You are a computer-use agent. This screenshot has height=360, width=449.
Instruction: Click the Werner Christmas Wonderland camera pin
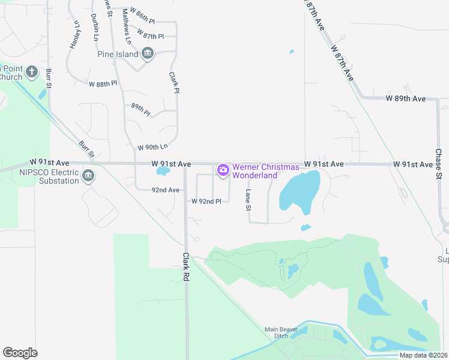click(x=223, y=171)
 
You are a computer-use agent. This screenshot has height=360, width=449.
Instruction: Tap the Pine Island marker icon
click(x=148, y=55)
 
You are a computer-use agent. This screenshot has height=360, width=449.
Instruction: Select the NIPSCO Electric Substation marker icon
click(x=88, y=176)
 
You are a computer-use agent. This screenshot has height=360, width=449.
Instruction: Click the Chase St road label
click(x=438, y=163)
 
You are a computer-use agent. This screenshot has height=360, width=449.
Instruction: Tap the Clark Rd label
click(x=186, y=266)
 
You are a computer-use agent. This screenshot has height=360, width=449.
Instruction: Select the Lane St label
click(x=247, y=200)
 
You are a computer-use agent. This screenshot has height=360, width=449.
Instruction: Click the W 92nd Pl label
click(x=206, y=201)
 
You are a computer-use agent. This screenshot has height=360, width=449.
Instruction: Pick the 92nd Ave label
click(x=165, y=190)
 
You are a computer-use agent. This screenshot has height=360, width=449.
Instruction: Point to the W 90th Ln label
click(x=152, y=147)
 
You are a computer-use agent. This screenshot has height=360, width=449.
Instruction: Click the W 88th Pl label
click(x=103, y=83)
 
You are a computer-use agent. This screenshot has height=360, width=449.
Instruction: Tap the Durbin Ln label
click(x=95, y=27)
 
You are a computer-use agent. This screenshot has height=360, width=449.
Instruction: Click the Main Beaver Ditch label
click(x=281, y=332)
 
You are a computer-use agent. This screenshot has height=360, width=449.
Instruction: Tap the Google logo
click(x=20, y=353)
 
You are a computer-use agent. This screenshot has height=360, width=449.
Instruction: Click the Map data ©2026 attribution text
click(x=423, y=355)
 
